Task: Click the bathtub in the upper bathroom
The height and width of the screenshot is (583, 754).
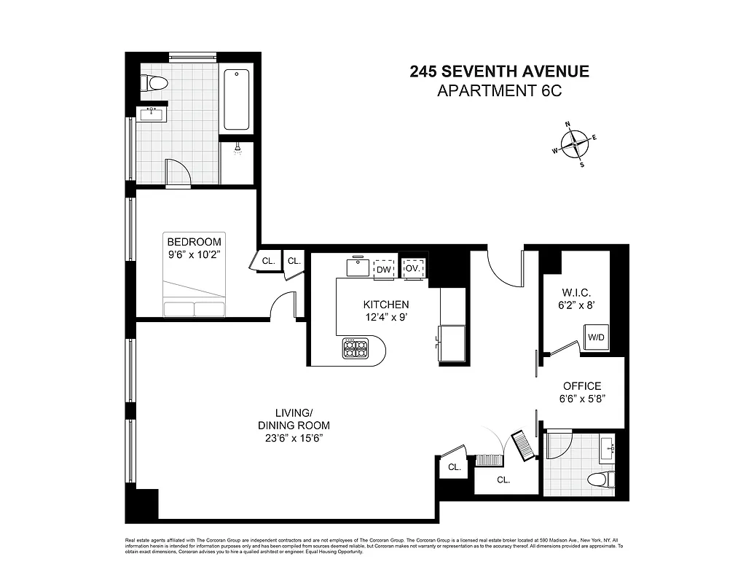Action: tap(237, 99)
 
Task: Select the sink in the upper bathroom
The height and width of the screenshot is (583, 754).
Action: tap(152, 114)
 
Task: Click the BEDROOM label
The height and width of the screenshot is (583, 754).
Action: tap(194, 242)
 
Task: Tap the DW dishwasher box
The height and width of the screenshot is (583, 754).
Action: tap(383, 269)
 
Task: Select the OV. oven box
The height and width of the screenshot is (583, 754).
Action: tap(413, 268)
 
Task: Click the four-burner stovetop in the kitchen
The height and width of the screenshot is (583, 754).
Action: tap(354, 349)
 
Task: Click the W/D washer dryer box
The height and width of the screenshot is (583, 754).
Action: tap(595, 337)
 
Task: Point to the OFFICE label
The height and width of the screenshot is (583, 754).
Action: tap(582, 386)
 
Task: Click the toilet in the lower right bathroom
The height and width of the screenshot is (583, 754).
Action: tap(600, 479)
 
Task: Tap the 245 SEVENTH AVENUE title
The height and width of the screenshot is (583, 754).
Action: tap(499, 71)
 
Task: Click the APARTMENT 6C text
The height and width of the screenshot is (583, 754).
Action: tap(499, 91)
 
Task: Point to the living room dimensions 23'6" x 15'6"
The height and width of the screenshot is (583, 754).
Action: tap(294, 438)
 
